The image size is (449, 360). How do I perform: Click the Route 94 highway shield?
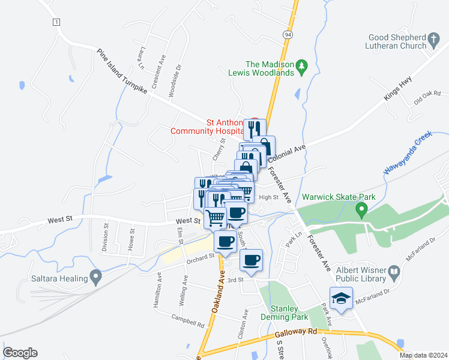(289, 35)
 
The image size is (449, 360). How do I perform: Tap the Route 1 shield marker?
(56, 22)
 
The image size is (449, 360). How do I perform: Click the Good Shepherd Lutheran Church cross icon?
(433, 41)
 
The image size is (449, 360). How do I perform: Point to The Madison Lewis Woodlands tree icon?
(303, 65)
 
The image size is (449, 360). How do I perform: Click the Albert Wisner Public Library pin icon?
(394, 272)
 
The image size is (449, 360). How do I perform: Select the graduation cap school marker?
(341, 299)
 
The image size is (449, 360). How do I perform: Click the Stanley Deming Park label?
(284, 312)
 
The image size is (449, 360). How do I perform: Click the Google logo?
(20, 353)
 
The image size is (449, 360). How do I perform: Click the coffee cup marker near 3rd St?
(251, 261)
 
